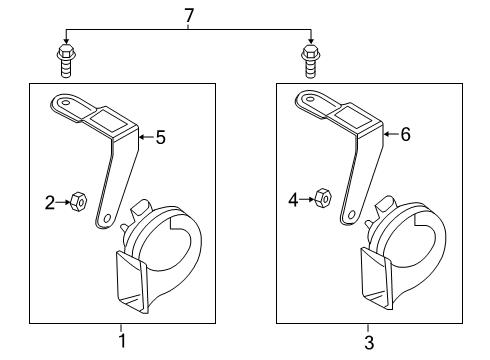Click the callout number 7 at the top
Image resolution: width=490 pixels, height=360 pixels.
pyautogui.click(x=189, y=15)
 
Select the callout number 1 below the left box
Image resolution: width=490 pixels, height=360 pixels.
pyautogui.click(x=122, y=341)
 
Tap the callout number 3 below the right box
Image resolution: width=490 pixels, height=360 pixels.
pyautogui.click(x=369, y=342)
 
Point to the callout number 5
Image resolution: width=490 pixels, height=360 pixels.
pyautogui.click(x=161, y=137)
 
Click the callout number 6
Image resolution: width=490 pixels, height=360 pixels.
pyautogui.click(x=405, y=134)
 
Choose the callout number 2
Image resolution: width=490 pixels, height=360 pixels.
pyautogui.click(x=50, y=202)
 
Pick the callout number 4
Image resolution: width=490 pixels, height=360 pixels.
pyautogui.click(x=293, y=200)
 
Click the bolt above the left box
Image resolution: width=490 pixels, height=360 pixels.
pyautogui.click(x=67, y=61)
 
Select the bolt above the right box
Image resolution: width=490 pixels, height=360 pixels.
pyautogui.click(x=311, y=61)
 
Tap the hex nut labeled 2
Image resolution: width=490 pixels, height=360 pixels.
pyautogui.click(x=79, y=201)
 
